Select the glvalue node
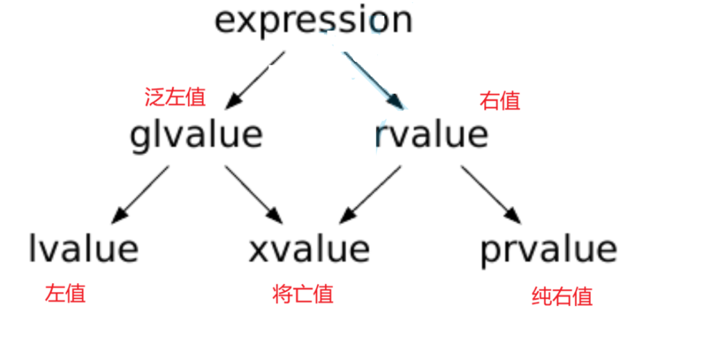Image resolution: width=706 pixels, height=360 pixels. tap(196, 134)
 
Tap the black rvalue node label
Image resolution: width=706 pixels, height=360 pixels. tap(431, 134)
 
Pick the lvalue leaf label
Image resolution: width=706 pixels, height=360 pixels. tap(83, 248)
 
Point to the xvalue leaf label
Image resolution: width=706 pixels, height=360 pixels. tap(309, 248)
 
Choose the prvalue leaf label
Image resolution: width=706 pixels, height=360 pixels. tap(548, 248)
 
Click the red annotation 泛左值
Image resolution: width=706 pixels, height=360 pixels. tap(175, 97)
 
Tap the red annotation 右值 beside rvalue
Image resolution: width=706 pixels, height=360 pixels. tap(500, 101)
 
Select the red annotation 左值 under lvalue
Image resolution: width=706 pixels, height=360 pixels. tap(65, 293)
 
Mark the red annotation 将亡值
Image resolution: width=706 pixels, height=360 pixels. tap(303, 294)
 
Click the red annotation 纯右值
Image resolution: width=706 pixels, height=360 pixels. tap(562, 297)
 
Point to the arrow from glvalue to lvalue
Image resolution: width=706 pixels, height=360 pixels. tap(141, 195)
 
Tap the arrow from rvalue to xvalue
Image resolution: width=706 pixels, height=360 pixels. tap(371, 195)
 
